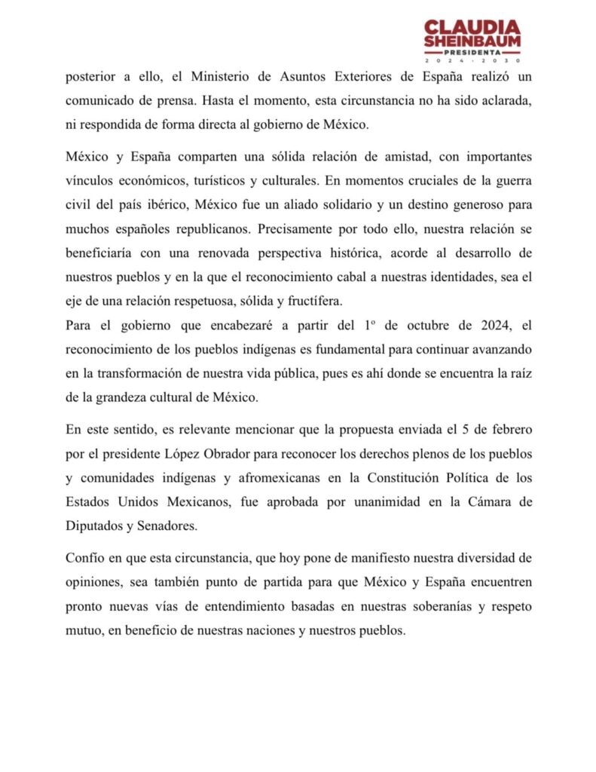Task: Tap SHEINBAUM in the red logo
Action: [472, 42]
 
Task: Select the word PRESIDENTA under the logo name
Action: [472, 52]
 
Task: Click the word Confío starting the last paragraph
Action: [84, 557]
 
